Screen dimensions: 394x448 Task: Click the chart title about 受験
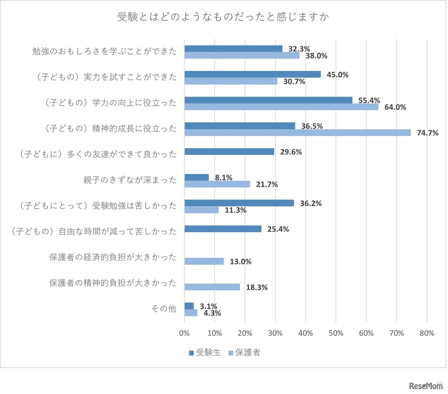[x=223, y=17]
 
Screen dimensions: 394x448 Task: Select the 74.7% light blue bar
[x=297, y=133]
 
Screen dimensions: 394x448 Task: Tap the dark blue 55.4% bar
[x=268, y=100]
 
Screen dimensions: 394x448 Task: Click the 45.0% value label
[x=337, y=75]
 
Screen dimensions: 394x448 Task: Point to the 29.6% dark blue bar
[x=229, y=152]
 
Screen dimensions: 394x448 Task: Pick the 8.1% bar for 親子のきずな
[x=197, y=177]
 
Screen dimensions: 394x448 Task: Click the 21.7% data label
[x=267, y=184]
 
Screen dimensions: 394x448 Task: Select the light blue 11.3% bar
[x=202, y=210]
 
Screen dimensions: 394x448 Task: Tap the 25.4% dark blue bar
[x=223, y=229]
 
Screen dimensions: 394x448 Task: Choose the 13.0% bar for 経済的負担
[x=204, y=261]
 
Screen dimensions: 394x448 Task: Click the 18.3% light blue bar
[x=212, y=287]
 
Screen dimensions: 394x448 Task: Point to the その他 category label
[x=163, y=309]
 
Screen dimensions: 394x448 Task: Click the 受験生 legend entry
[x=205, y=353]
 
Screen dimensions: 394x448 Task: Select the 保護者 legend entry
[x=245, y=353]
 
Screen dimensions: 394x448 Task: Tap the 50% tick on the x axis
[x=336, y=333]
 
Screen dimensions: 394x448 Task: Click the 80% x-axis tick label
[x=427, y=333]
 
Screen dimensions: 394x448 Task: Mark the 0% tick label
[x=184, y=333]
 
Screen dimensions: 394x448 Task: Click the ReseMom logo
[x=426, y=386]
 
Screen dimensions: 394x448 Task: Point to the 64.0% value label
[x=395, y=107]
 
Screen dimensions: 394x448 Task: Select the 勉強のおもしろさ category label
[x=105, y=51]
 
